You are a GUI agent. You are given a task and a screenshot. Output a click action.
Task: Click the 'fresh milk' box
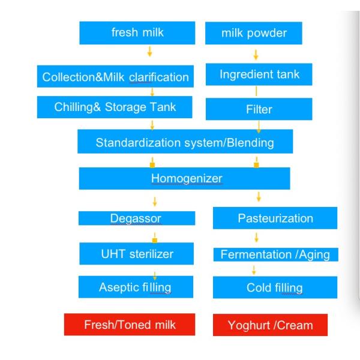[137, 33]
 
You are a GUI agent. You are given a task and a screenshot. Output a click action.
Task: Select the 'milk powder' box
[254, 33]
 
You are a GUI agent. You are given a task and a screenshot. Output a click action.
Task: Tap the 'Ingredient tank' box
[259, 74]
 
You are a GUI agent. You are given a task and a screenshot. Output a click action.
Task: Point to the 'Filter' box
[259, 109]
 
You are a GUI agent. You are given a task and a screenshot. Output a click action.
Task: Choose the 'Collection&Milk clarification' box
[115, 76]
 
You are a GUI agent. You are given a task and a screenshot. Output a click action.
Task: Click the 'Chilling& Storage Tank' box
[115, 107]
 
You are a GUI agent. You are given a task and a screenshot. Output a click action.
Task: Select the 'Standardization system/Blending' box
[185, 142]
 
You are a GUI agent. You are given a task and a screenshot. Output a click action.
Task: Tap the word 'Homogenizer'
[187, 178]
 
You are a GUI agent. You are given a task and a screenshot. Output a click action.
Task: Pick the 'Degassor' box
[137, 218]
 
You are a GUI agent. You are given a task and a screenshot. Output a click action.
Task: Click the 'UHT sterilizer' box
[137, 254]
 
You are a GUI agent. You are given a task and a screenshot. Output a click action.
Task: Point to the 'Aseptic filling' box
[136, 287]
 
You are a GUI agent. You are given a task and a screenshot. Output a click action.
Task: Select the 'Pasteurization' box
[275, 218]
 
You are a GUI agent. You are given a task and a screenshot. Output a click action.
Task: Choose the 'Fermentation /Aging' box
[276, 254]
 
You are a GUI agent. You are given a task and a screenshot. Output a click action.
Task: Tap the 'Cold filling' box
[275, 287]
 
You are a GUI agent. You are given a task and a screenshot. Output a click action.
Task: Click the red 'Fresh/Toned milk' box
[130, 325]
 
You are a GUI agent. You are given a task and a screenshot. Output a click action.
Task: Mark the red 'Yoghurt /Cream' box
[270, 325]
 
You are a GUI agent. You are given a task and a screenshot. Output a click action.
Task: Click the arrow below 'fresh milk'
[149, 52]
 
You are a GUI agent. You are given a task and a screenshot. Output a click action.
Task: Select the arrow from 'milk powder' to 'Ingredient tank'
[256, 55]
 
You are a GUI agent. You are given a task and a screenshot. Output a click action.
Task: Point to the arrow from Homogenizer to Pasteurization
[259, 197]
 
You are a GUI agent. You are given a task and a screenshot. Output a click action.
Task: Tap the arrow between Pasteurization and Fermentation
[256, 238]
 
